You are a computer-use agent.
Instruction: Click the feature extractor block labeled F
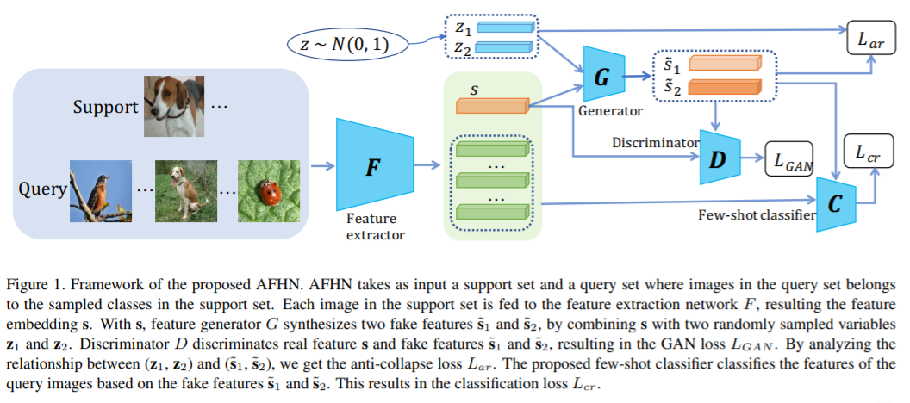[372, 167]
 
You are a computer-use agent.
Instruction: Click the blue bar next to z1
[504, 28]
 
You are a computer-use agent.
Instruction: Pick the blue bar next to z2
[504, 48]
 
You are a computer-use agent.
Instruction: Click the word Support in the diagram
[104, 108]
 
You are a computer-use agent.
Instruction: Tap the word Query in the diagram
[41, 189]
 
